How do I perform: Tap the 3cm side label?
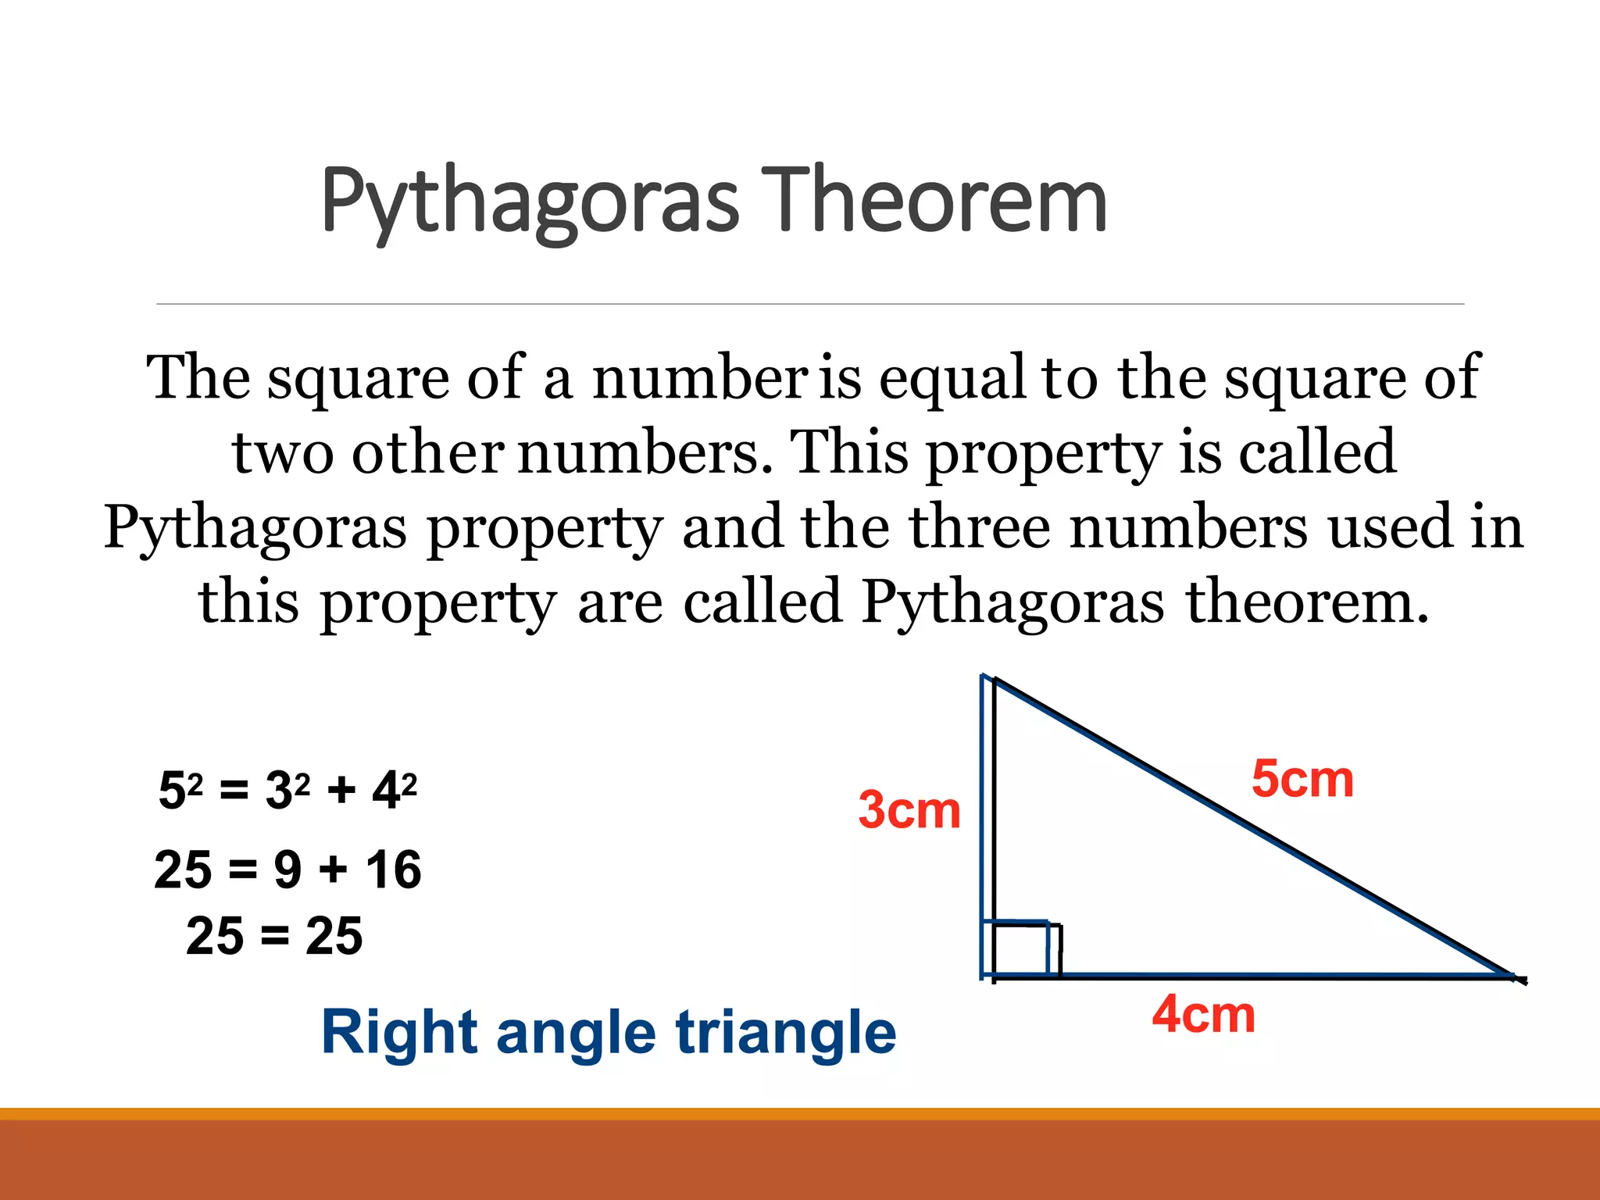(909, 810)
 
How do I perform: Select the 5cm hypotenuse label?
(1302, 779)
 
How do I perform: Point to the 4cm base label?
(1203, 1014)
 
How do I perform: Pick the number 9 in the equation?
(287, 870)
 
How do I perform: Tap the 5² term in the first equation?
(180, 789)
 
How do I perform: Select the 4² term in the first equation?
(395, 789)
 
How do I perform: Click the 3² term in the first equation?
(287, 789)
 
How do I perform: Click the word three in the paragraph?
(980, 527)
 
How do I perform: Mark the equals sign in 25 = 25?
(275, 936)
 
